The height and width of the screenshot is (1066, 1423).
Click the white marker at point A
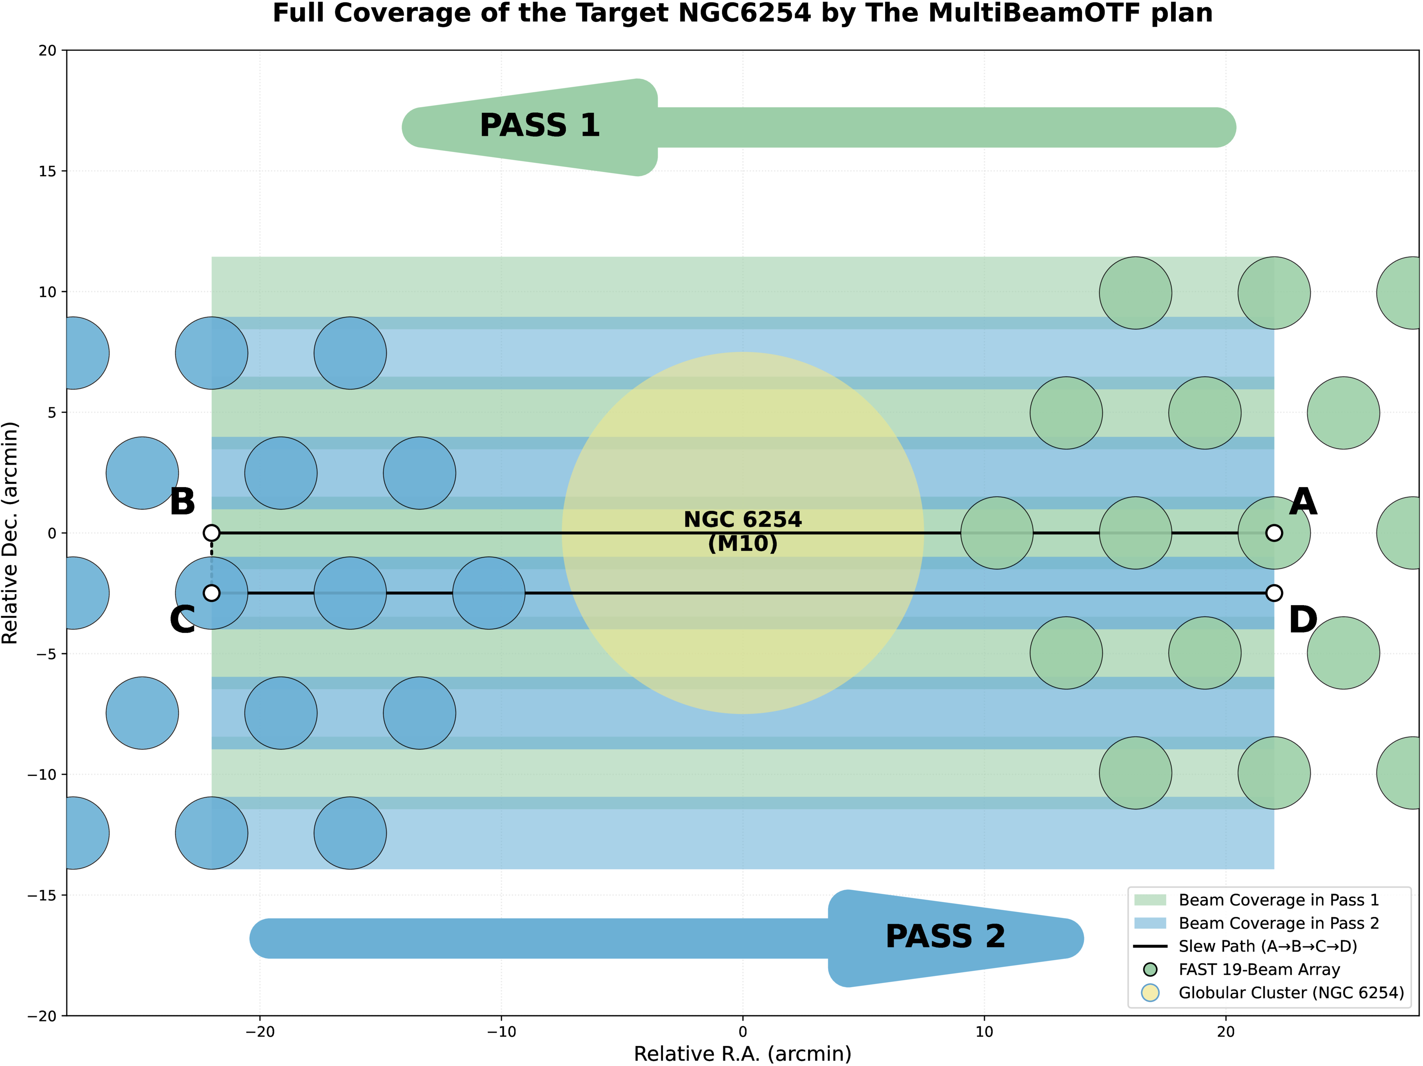1274,533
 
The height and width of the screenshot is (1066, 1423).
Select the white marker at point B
212,533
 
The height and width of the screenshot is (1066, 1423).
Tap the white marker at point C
212,593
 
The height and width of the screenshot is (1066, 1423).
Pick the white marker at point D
1274,593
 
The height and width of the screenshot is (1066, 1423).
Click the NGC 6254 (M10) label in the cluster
743,531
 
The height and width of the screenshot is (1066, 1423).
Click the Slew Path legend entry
1267,946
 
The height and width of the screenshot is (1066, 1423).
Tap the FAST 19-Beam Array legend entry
1258,970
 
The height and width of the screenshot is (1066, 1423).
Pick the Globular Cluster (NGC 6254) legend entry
1290,993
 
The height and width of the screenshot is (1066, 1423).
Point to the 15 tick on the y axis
48,171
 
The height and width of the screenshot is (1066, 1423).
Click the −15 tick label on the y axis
43,895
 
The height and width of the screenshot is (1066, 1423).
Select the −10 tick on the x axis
501,1032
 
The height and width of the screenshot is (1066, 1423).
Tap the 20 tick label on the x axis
1225,1032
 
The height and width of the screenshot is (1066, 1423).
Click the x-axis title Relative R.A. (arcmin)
743,1054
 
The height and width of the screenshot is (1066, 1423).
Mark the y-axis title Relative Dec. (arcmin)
10,533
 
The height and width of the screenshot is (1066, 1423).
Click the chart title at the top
743,13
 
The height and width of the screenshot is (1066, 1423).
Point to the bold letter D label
1303,621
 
